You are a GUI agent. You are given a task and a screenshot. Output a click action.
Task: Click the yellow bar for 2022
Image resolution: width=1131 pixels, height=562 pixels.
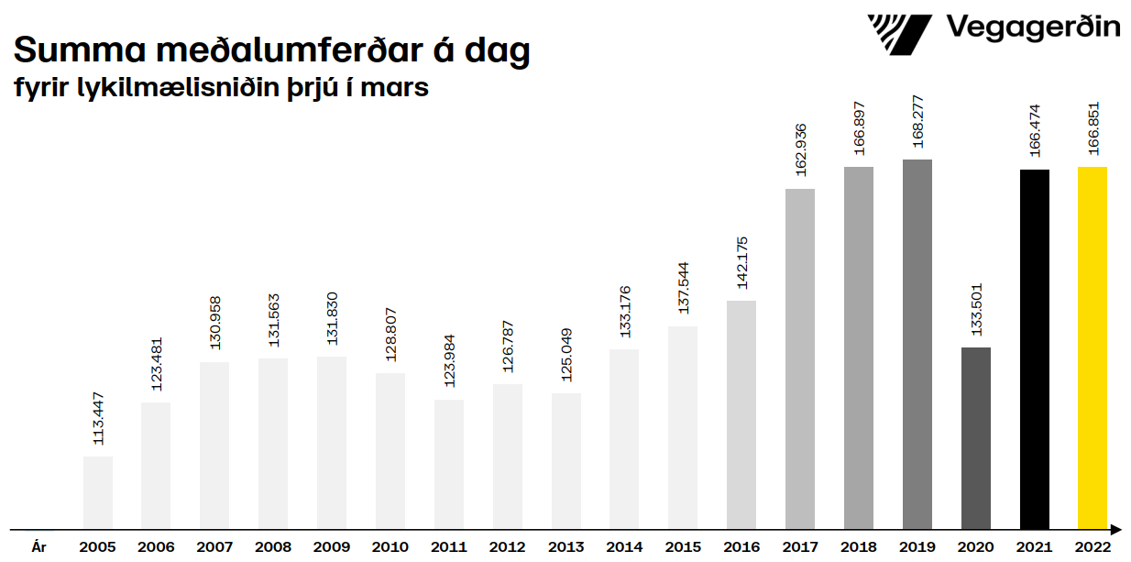pyautogui.click(x=1092, y=347)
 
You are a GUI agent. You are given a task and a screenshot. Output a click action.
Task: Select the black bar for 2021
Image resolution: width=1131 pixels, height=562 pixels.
pyautogui.click(x=1034, y=349)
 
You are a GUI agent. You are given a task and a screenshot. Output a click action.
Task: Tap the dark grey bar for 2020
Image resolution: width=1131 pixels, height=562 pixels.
pyautogui.click(x=975, y=437)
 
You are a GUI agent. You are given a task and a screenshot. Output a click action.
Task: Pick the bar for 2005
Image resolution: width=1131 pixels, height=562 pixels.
pyautogui.click(x=98, y=492)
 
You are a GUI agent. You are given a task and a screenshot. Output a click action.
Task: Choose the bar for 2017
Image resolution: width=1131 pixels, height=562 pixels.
pyautogui.click(x=800, y=358)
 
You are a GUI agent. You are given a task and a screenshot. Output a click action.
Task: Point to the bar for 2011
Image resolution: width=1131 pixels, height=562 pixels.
pyautogui.click(x=449, y=464)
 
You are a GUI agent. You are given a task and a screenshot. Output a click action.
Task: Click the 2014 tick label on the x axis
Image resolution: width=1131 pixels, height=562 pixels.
pyautogui.click(x=624, y=547)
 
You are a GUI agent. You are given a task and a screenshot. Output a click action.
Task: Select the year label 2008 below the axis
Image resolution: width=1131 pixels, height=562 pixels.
pyautogui.click(x=273, y=547)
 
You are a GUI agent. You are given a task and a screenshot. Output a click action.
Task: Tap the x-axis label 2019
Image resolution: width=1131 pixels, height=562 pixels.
pyautogui.click(x=917, y=547)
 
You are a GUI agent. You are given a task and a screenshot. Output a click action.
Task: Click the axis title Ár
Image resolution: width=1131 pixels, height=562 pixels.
pyautogui.click(x=38, y=547)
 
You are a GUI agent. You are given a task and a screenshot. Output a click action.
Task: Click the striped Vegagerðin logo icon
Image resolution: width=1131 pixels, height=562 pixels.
pyautogui.click(x=899, y=34)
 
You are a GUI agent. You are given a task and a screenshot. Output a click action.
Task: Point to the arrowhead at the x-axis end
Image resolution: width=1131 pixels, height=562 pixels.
pyautogui.click(x=1116, y=529)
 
